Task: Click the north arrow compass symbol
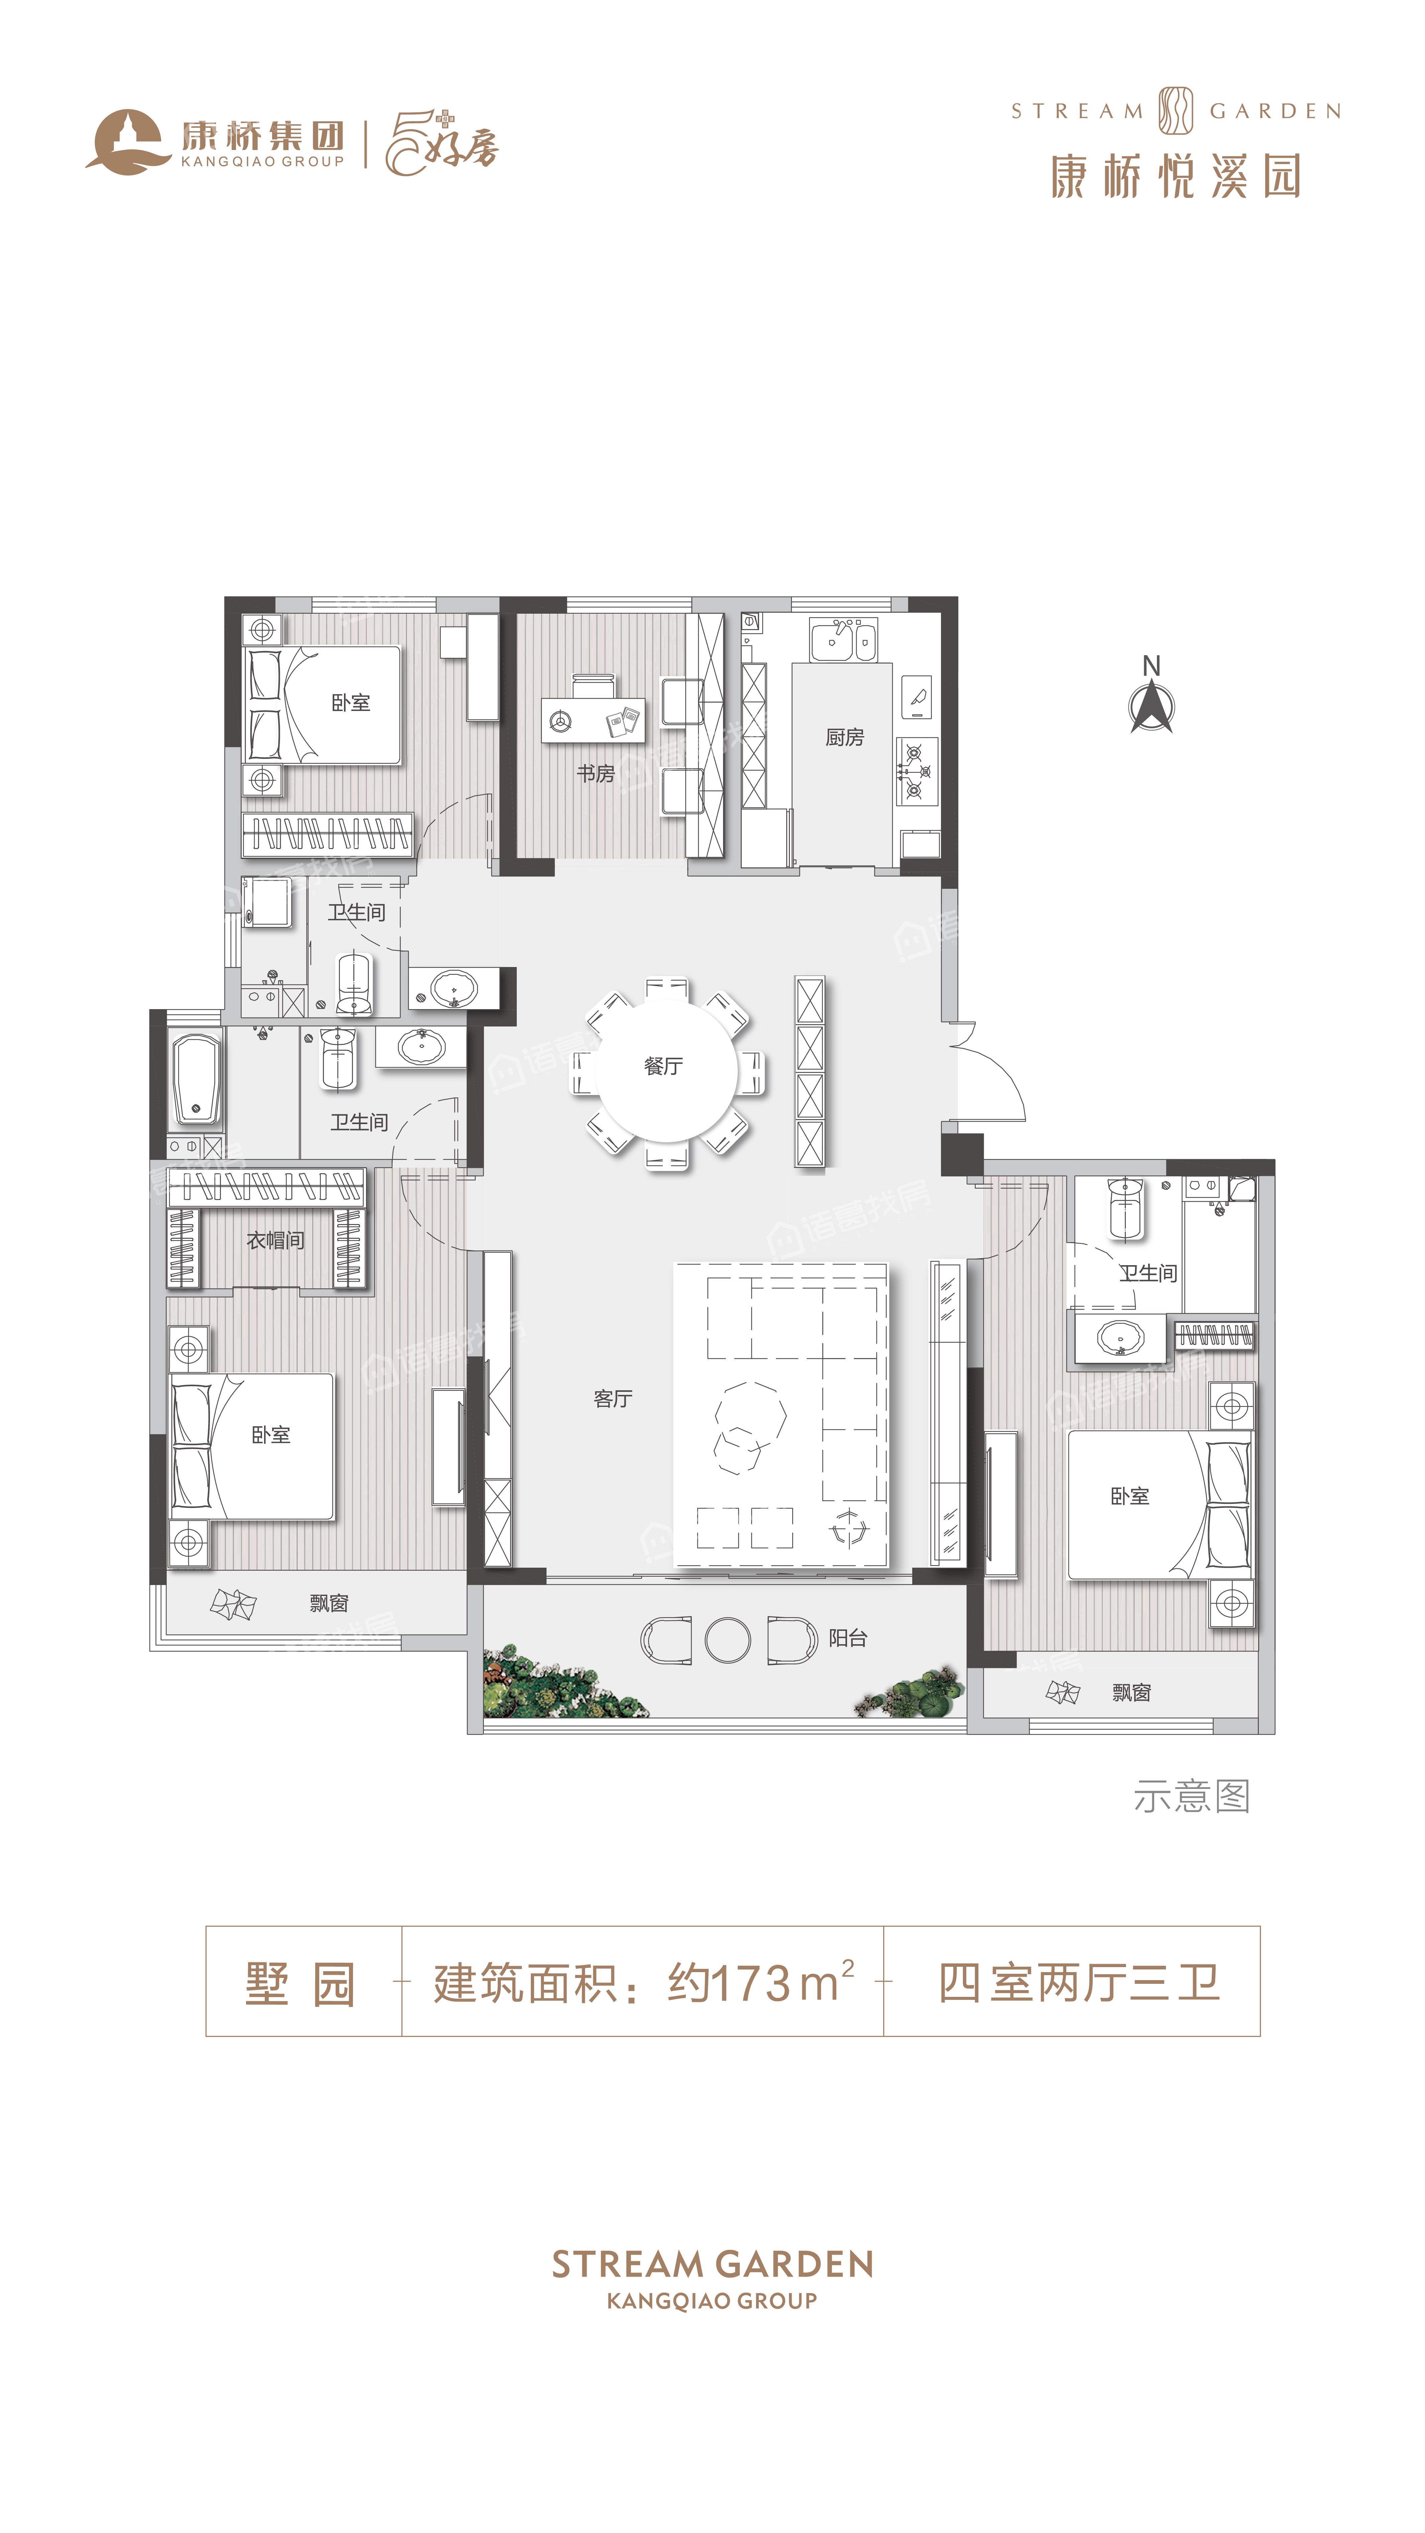pos(1152,706)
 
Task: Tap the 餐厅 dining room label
pos(664,1066)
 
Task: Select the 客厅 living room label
pos(613,1398)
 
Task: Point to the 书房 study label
pos(596,774)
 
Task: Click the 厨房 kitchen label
pos(845,736)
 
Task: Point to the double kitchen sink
pos(843,640)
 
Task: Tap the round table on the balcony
pos(728,1639)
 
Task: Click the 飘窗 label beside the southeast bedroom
pos(1131,1692)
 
